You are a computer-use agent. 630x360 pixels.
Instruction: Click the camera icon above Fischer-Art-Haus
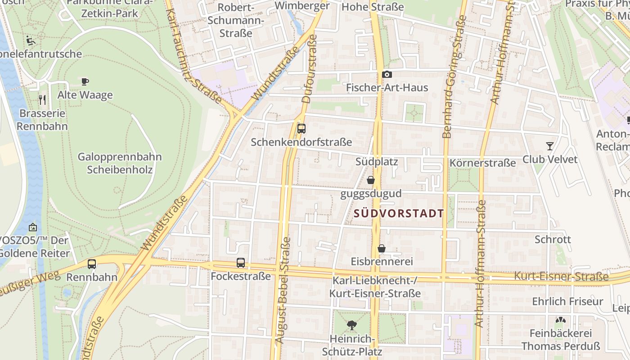click(387, 75)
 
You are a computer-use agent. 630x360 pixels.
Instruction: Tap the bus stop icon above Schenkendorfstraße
click(301, 129)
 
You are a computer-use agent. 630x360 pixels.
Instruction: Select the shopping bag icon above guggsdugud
click(371, 180)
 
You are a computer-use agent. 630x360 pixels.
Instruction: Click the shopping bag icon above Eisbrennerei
click(382, 248)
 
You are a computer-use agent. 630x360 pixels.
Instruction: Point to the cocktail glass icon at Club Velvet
click(550, 146)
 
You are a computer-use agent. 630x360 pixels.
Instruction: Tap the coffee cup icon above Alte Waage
click(85, 81)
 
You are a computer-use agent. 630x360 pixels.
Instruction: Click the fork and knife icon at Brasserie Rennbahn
click(43, 99)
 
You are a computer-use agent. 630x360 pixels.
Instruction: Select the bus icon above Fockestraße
click(241, 263)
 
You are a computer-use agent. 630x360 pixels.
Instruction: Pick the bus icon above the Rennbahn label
click(92, 264)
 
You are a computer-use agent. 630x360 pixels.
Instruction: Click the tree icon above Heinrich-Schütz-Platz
click(352, 325)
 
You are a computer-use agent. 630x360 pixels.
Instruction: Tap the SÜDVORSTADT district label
click(399, 214)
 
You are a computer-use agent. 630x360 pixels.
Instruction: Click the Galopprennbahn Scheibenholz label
click(120, 163)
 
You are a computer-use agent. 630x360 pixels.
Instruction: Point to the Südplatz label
click(377, 161)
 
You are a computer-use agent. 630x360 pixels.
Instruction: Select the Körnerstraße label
click(482, 163)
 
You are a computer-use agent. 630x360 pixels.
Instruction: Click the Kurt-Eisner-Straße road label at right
click(561, 276)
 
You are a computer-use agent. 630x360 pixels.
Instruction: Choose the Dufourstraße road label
click(310, 69)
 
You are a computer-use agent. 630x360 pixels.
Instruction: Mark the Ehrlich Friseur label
click(567, 301)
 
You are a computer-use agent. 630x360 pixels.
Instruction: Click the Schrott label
click(553, 239)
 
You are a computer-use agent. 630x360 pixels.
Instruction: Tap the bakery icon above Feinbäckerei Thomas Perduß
click(560, 320)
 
